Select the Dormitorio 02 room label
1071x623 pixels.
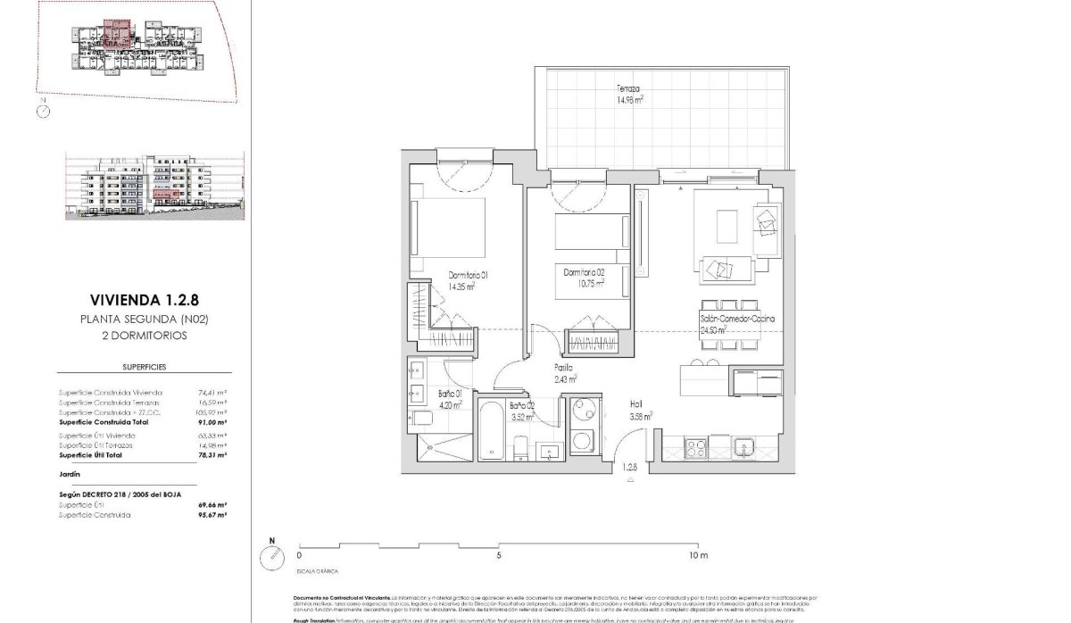(584, 278)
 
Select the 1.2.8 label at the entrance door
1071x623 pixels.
(631, 467)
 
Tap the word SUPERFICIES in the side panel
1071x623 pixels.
(144, 367)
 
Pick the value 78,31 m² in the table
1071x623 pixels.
(212, 455)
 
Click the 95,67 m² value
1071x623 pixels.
(212, 515)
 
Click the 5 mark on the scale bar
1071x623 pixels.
(499, 555)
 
